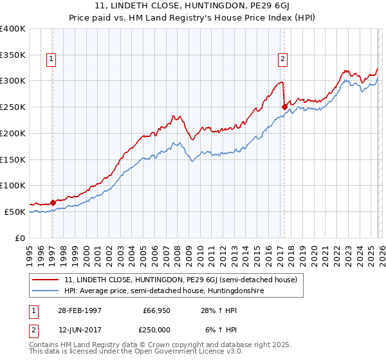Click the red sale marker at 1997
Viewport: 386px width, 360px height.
pos(53,203)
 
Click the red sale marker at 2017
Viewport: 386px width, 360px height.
pos(284,107)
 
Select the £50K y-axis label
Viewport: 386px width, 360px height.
pos(14,212)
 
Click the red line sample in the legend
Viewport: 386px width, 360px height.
pos(46,280)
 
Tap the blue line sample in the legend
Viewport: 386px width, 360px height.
pos(46,291)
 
